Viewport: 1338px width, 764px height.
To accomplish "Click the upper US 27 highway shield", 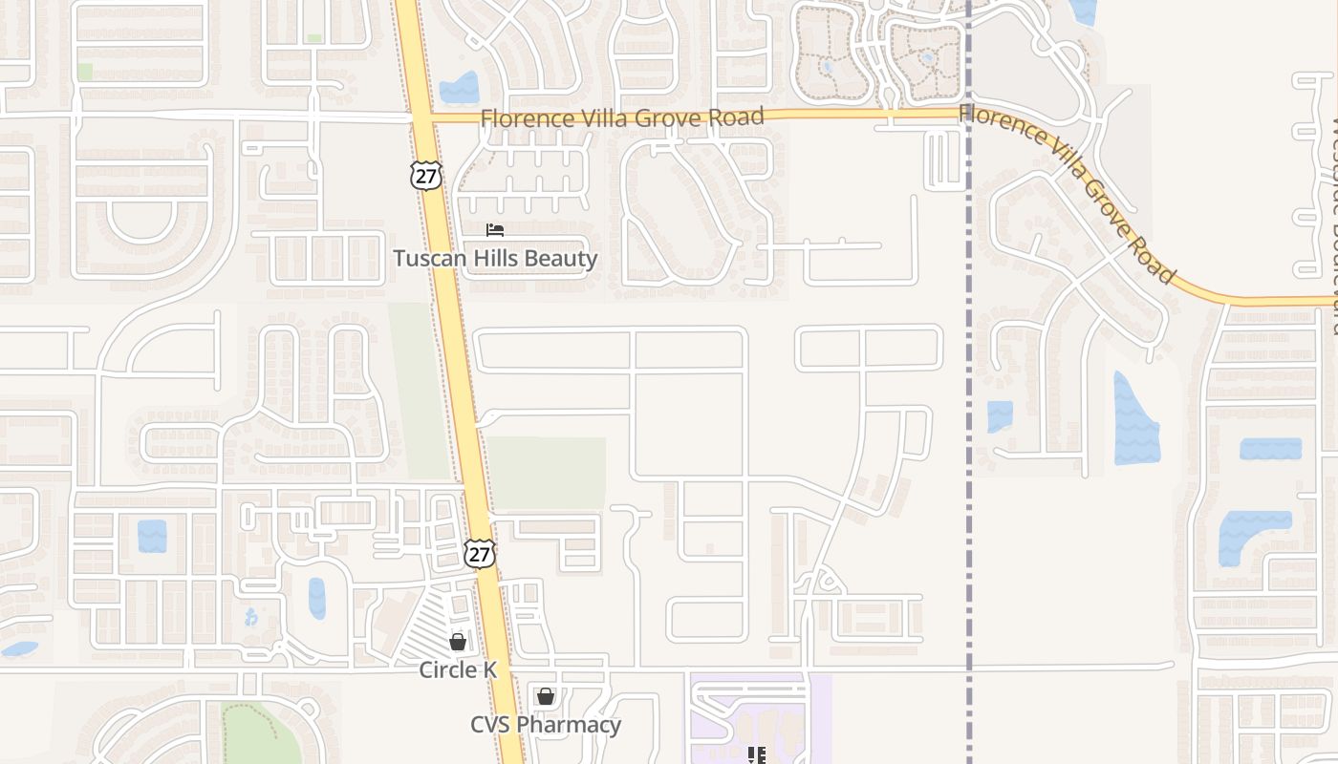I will (426, 174).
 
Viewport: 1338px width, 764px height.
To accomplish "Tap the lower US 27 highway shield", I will (480, 553).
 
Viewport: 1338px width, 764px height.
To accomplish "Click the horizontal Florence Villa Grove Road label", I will (621, 117).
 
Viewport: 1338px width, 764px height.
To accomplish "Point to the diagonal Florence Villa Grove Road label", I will (1067, 194).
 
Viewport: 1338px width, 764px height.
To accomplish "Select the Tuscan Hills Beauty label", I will (495, 259).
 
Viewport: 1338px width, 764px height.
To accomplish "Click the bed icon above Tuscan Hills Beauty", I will (495, 230).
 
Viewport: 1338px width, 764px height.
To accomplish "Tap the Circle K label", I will (458, 670).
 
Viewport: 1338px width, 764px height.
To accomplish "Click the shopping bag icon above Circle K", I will (458, 642).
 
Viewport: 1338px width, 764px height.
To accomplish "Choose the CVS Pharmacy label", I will (545, 725).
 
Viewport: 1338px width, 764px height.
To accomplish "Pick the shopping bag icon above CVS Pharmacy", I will (545, 696).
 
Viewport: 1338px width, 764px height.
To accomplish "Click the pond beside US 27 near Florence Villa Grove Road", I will (460, 88).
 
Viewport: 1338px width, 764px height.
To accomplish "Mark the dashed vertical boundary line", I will (969, 382).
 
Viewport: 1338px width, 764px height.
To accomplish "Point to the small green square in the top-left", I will (85, 71).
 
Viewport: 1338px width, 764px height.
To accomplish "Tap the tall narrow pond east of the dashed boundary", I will (1135, 420).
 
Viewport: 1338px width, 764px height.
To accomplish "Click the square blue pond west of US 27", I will (152, 536).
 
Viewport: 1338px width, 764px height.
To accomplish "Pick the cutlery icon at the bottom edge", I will (758, 755).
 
